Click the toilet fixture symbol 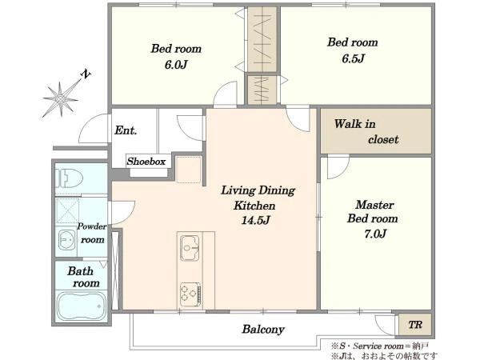(69, 178)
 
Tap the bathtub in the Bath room (81, 306)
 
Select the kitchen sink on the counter (190, 248)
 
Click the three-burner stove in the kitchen (190, 294)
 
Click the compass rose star (61, 98)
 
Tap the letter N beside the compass (86, 74)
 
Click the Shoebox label (146, 162)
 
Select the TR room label (415, 325)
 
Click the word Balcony (263, 329)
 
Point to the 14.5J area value (256, 220)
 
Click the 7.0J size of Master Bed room (375, 234)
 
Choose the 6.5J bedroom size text (353, 58)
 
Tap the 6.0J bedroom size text (176, 65)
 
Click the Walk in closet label (366, 132)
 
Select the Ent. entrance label (126, 130)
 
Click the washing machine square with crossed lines (68, 210)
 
